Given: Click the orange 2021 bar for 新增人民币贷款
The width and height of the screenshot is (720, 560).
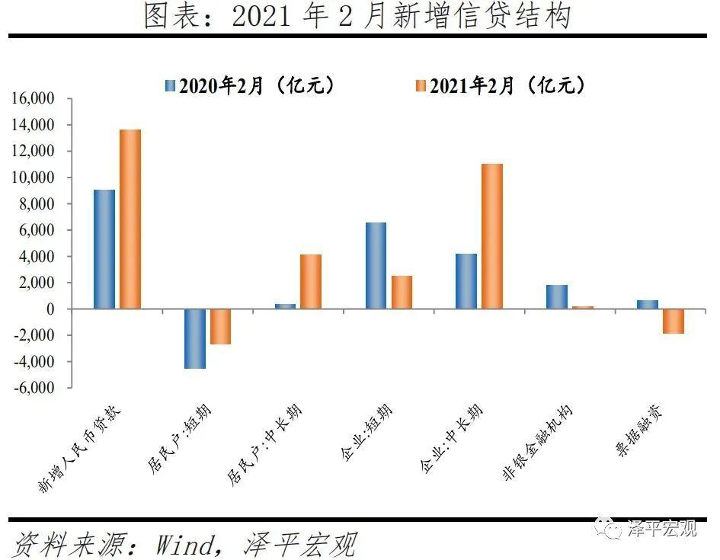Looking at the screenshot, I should point(130,219).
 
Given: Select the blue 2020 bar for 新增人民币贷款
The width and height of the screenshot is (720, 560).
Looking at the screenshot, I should point(104,249).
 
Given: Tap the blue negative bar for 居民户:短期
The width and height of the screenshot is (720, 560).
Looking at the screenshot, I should point(194,338).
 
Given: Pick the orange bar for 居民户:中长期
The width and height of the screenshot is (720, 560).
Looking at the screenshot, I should point(311,281).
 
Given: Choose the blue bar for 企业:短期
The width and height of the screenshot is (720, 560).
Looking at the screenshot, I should point(376,265).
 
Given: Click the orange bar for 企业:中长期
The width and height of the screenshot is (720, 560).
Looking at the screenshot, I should point(492,236).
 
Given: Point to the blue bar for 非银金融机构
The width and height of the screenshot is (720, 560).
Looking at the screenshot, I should point(557,296).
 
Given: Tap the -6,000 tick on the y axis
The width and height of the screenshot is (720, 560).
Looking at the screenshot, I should point(34,388).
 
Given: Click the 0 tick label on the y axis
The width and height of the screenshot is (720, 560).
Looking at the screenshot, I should point(51,309).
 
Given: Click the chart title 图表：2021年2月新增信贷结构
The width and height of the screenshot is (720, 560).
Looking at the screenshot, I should point(357,16).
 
